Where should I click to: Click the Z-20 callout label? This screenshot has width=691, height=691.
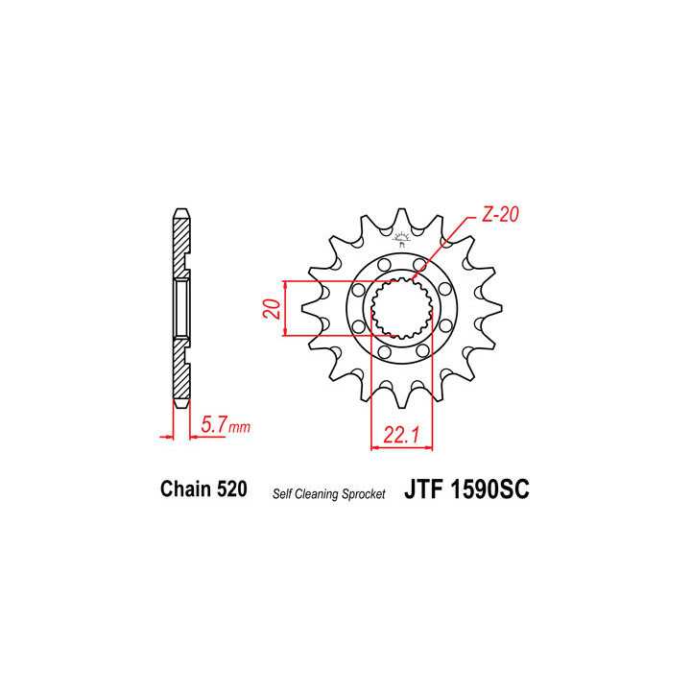(x=499, y=216)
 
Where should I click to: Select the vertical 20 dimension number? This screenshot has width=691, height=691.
(x=272, y=309)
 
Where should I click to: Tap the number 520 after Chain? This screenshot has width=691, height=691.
(x=230, y=488)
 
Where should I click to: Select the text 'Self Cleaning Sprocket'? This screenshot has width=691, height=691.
(x=328, y=492)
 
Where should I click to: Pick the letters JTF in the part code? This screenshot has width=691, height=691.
(x=422, y=488)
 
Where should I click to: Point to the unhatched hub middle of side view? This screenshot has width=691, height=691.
(x=179, y=307)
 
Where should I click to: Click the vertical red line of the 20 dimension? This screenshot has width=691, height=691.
(x=286, y=309)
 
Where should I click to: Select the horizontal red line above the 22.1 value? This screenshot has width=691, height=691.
(x=401, y=447)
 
